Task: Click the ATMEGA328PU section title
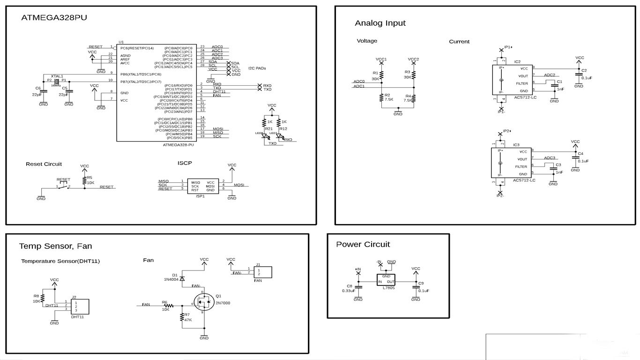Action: (x=54, y=17)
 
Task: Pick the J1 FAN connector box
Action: (x=262, y=272)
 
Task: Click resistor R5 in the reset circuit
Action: (x=84, y=180)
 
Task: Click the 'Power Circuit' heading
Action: (x=363, y=244)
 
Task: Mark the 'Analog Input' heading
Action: (x=380, y=23)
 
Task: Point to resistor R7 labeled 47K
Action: (x=182, y=317)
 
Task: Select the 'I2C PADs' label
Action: (x=257, y=68)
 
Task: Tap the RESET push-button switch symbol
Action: (x=63, y=186)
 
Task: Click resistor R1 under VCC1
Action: (x=382, y=75)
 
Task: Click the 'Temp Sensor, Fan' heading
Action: (x=55, y=246)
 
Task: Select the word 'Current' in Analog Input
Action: (x=459, y=42)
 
